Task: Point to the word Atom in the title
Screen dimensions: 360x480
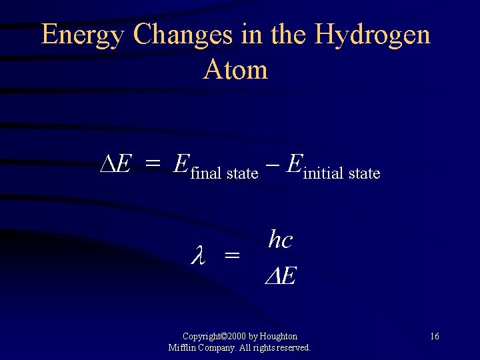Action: point(235,69)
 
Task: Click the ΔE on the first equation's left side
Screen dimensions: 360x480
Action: point(115,163)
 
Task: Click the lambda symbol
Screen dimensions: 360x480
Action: point(197,255)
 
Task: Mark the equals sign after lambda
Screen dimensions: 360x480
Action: point(231,255)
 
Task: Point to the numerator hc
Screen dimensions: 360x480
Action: point(280,239)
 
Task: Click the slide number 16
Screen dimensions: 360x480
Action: point(434,337)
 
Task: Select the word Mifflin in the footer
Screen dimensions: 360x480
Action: point(181,347)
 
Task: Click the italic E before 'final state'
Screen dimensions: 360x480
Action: point(181,163)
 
